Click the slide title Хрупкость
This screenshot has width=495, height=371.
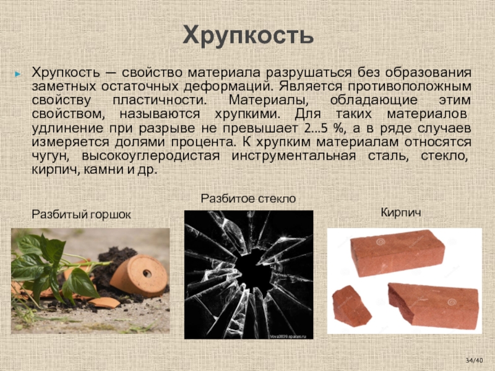pyautogui.click(x=248, y=36)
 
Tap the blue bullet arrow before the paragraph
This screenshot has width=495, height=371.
pyautogui.click(x=18, y=74)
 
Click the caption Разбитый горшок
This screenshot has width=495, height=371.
pyautogui.click(x=81, y=215)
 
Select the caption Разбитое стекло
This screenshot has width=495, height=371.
pyautogui.click(x=248, y=198)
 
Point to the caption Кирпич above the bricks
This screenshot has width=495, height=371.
pyautogui.click(x=401, y=212)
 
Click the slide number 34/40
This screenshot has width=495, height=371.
pyautogui.click(x=475, y=360)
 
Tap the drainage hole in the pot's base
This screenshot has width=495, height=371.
pyautogui.click(x=147, y=273)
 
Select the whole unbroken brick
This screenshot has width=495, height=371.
pyautogui.click(x=397, y=253)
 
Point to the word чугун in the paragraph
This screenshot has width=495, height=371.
pyautogui.click(x=51, y=156)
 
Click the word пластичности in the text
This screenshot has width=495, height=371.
pyautogui.click(x=160, y=101)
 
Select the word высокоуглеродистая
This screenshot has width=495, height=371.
pyautogui.click(x=150, y=156)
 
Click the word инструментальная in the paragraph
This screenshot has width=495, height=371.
pyautogui.click(x=293, y=156)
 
